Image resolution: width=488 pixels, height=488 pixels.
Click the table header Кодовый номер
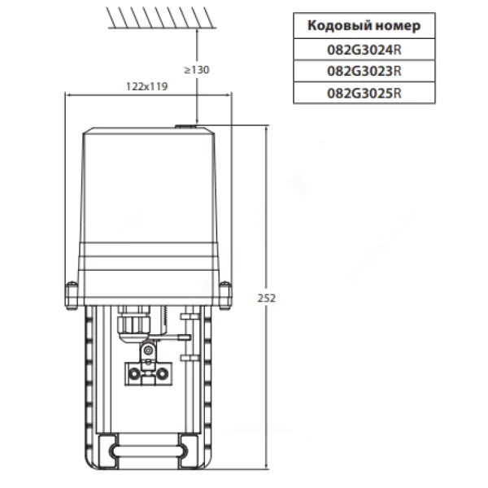click(364, 25)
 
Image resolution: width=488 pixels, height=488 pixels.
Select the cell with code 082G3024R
click(364, 50)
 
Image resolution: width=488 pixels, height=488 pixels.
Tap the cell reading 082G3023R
click(364, 72)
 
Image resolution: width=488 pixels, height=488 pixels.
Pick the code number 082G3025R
click(364, 93)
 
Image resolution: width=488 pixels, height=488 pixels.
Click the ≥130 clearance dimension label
click(197, 70)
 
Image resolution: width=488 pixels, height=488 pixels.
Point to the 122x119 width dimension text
click(147, 86)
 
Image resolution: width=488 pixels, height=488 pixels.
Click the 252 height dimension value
click(267, 298)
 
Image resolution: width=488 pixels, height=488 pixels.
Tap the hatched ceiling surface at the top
click(161, 18)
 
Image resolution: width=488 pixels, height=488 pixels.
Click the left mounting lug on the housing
click(72, 296)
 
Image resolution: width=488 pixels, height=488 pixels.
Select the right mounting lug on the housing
click(225, 296)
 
